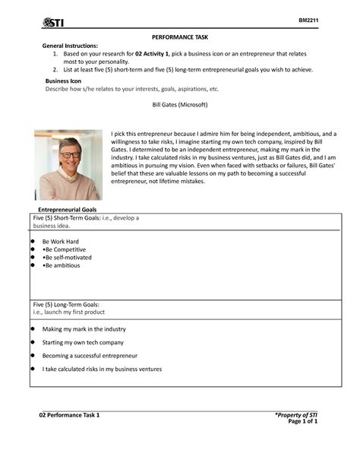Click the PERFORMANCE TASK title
click(179, 37)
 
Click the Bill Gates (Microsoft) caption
click(180, 104)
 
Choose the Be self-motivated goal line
click(67, 258)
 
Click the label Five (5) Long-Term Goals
click(67, 304)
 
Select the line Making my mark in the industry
click(84, 329)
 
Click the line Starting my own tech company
click(83, 342)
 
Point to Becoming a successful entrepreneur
click(90, 356)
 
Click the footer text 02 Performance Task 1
click(70, 415)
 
